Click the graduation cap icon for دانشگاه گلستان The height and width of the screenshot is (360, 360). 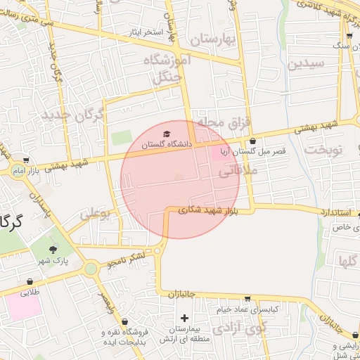[x=166, y=134]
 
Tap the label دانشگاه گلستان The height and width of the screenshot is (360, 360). [x=166, y=144]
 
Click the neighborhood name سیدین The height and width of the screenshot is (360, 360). [x=307, y=64]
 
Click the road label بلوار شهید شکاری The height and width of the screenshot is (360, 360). [x=209, y=209]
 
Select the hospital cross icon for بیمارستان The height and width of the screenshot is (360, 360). [x=185, y=319]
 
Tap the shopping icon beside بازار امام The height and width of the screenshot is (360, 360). [x=27, y=160]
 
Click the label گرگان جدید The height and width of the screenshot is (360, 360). [x=74, y=114]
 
